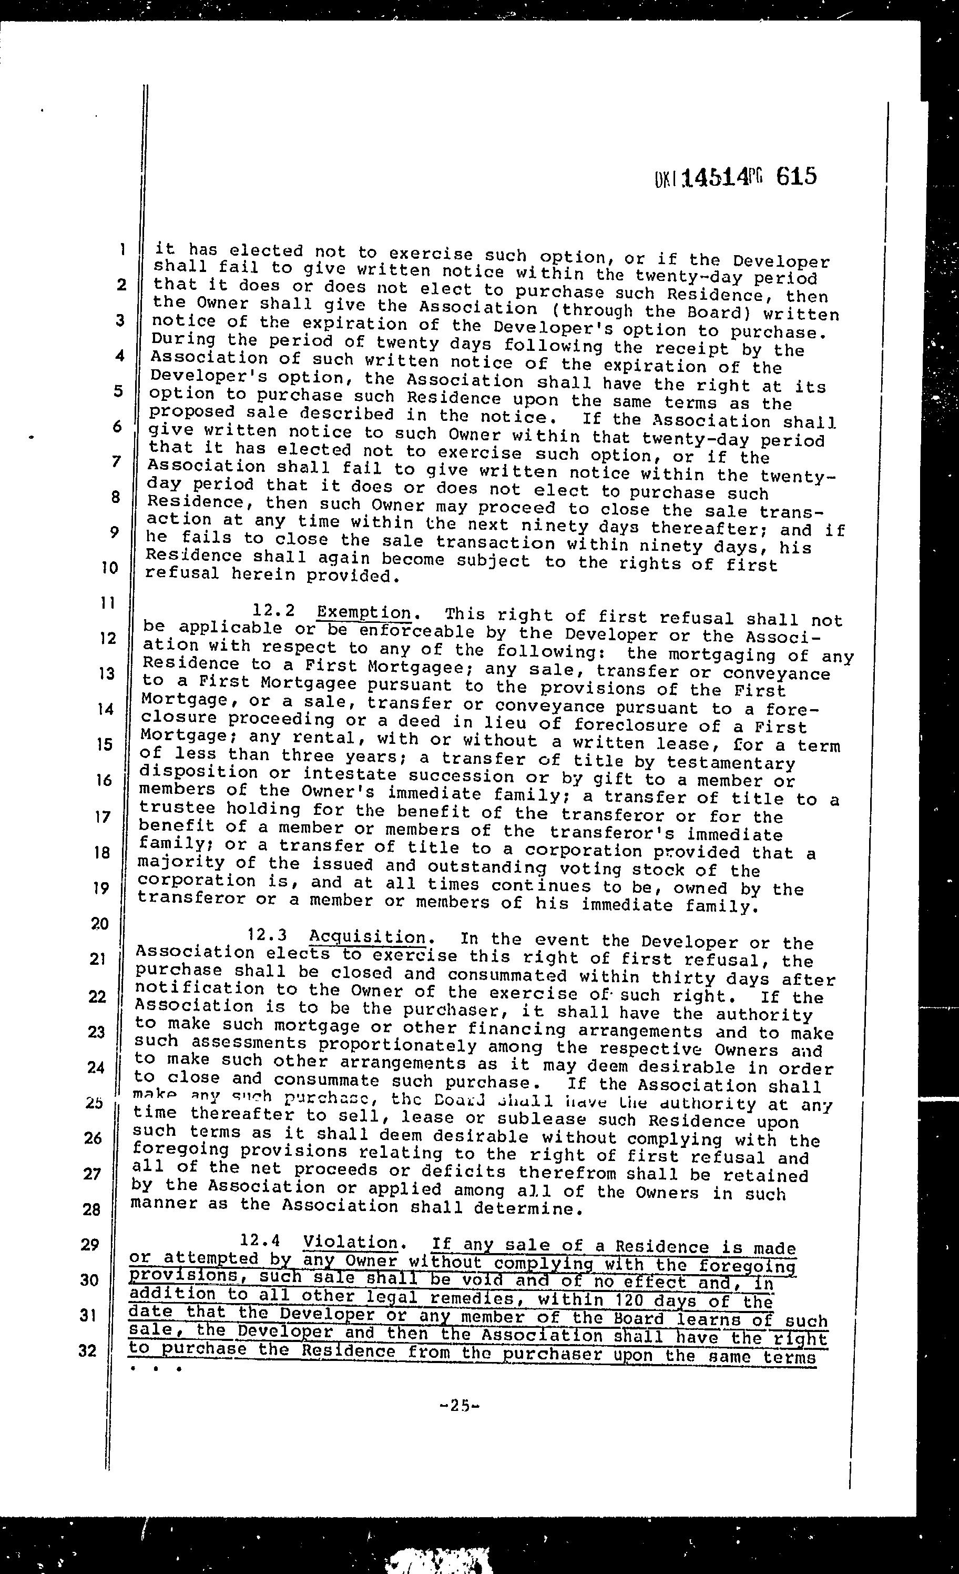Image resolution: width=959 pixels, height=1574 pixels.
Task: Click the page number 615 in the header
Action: click(x=796, y=176)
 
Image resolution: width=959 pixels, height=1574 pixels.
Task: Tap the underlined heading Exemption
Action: click(x=364, y=612)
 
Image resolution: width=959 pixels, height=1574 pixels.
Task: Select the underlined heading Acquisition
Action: click(x=367, y=937)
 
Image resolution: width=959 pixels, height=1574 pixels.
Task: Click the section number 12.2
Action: click(x=274, y=611)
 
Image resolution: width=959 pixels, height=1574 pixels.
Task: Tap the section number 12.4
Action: click(x=260, y=1240)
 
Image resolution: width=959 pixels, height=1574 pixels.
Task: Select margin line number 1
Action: click(x=121, y=250)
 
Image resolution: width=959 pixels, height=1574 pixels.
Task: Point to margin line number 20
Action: click(x=100, y=923)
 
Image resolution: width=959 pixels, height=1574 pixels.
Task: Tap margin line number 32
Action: click(x=88, y=1350)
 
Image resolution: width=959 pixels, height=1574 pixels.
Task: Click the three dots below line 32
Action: click(x=155, y=1369)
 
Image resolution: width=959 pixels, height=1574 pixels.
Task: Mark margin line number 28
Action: click(x=92, y=1208)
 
